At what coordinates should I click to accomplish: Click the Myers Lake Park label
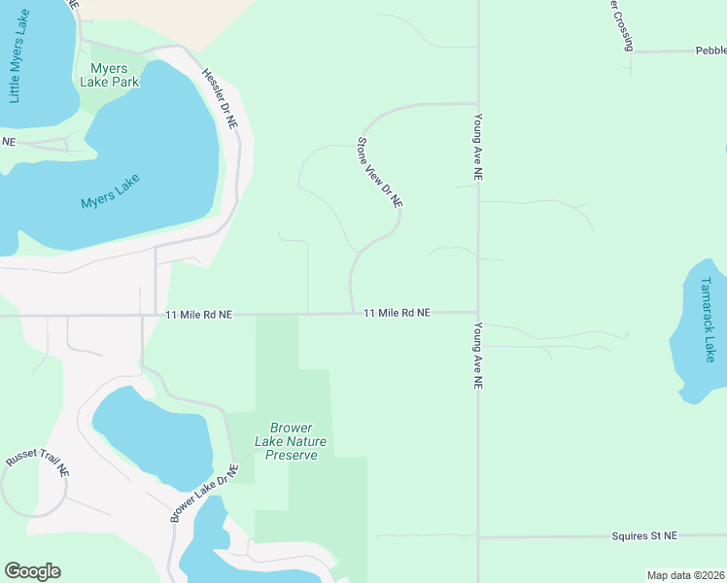click(114, 75)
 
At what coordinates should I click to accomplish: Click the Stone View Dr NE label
click(379, 172)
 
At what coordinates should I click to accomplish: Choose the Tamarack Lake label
click(708, 320)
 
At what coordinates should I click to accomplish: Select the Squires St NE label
click(644, 535)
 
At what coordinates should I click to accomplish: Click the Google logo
click(32, 571)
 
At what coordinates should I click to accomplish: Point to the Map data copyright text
click(686, 575)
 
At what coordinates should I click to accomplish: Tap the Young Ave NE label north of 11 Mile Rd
click(477, 147)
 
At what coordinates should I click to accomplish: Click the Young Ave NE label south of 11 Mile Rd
click(477, 356)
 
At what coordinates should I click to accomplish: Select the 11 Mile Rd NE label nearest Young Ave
click(397, 313)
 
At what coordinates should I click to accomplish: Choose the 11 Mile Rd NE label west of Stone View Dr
click(199, 315)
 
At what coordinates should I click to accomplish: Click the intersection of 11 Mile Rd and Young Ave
click(477, 313)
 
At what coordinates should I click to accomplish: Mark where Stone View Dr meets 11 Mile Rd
click(351, 313)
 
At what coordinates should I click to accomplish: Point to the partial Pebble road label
click(710, 51)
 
